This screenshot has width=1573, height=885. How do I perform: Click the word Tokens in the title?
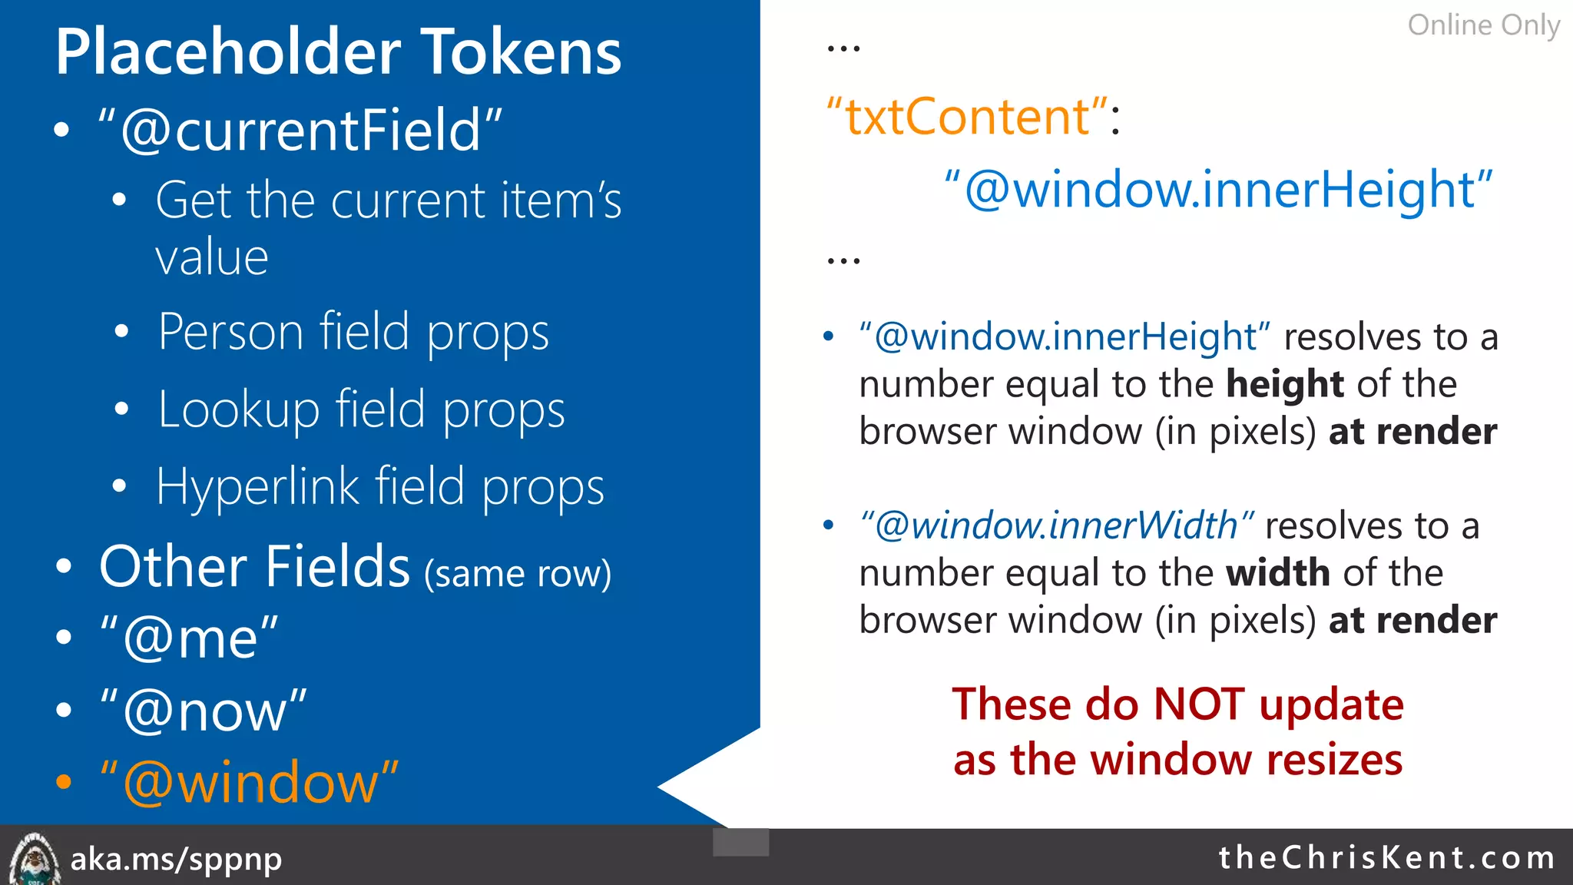click(522, 52)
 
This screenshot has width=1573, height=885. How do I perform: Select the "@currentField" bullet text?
click(300, 130)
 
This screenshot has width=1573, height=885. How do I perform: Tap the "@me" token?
click(189, 637)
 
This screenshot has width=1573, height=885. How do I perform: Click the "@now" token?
click(204, 711)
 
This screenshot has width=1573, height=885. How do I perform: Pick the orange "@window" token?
click(250, 783)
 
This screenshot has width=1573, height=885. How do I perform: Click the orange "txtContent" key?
click(967, 117)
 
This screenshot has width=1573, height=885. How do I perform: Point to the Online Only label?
click(1483, 25)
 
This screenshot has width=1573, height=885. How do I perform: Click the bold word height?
click(1284, 384)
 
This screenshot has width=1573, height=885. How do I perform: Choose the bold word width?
click(1277, 573)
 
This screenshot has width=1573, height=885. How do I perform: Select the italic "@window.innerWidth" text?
click(1057, 526)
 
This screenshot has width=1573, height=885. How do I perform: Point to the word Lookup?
click(238, 409)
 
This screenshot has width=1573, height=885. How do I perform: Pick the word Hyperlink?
click(257, 487)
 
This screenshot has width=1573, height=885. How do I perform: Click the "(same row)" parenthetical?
click(518, 574)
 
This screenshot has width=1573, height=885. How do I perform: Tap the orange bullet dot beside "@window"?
click(64, 783)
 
